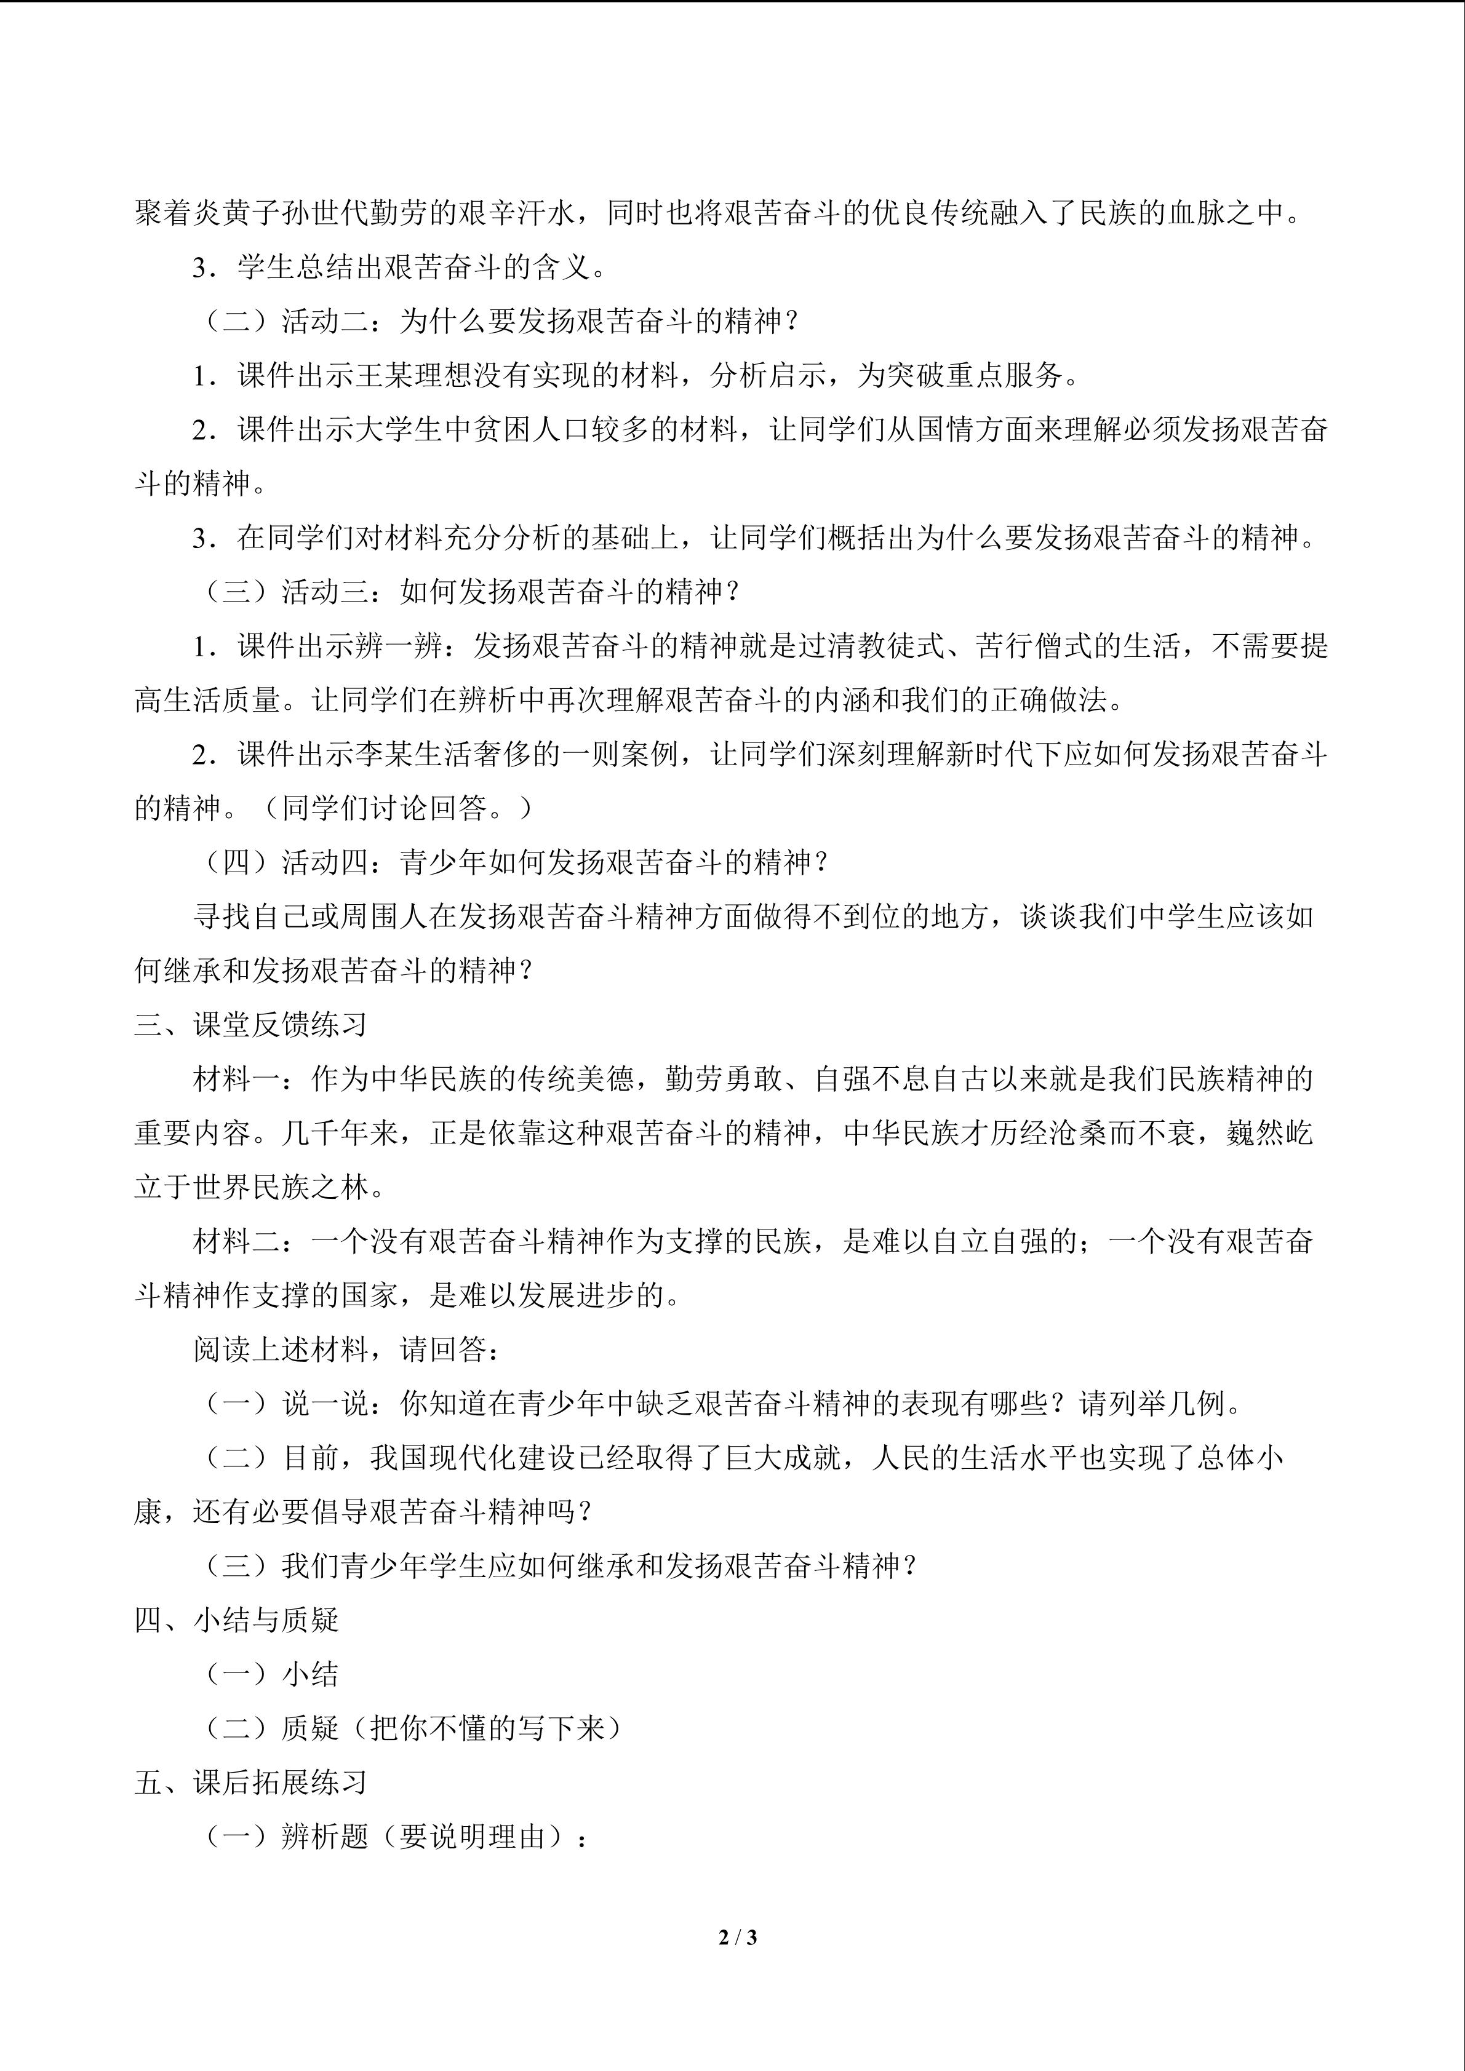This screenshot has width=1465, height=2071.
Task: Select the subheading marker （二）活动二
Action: tap(281, 321)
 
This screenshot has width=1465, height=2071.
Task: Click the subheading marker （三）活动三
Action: tap(281, 592)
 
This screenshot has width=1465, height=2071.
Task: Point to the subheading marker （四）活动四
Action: tap(281, 862)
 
